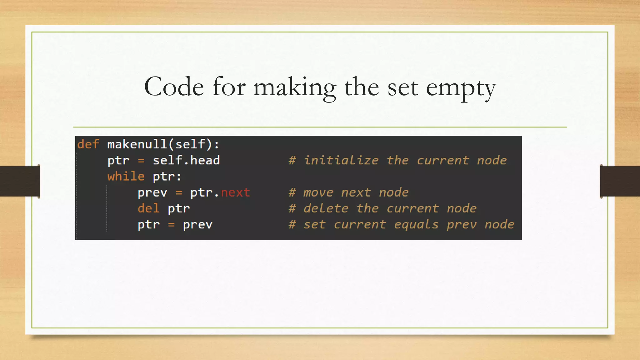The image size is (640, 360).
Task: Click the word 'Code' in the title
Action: coord(174,87)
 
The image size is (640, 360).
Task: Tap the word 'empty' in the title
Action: coord(461,88)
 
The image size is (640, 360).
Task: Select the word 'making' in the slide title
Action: coord(294,88)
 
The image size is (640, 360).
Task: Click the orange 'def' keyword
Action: coord(88,144)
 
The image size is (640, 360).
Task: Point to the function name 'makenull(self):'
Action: coord(163,144)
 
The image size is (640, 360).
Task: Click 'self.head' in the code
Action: coord(186,160)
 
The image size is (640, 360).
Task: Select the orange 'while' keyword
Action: coord(126,176)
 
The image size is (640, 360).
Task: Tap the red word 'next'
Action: coord(235,192)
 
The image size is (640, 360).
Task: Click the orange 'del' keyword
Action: coord(148,208)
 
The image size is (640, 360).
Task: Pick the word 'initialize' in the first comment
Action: coord(341,160)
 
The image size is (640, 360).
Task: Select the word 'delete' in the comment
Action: coord(326,208)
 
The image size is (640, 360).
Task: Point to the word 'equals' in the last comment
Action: coord(416,225)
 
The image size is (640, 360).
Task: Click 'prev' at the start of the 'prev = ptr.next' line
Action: coord(152,192)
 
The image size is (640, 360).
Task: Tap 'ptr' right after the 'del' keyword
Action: coord(178,209)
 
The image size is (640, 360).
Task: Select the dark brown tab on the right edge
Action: coord(620,181)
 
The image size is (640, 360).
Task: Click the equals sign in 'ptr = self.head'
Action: coord(141,161)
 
